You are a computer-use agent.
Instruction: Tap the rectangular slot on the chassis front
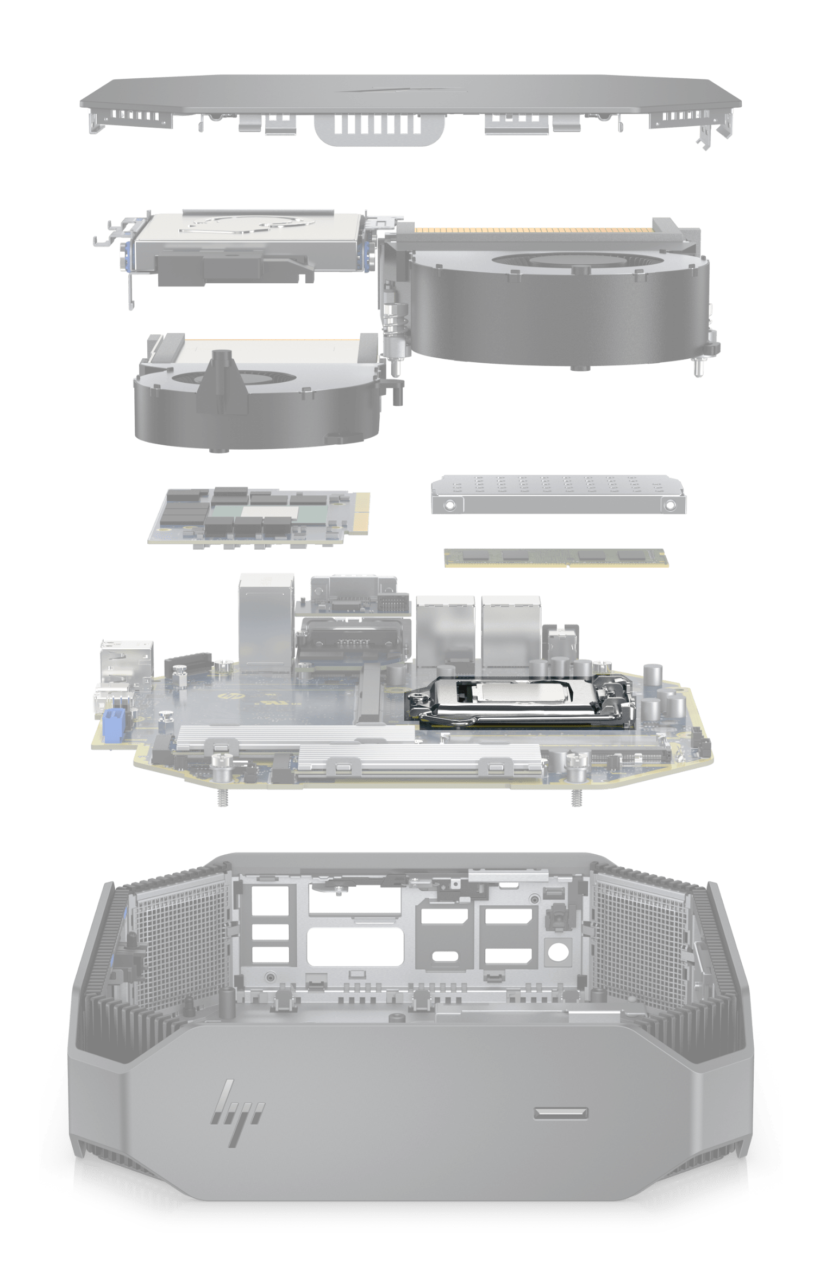561,1113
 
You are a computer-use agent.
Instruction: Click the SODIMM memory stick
556,558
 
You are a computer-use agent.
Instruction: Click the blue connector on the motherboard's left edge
112,725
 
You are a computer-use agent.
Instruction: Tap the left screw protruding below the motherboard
221,797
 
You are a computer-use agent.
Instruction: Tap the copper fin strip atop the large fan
533,231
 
